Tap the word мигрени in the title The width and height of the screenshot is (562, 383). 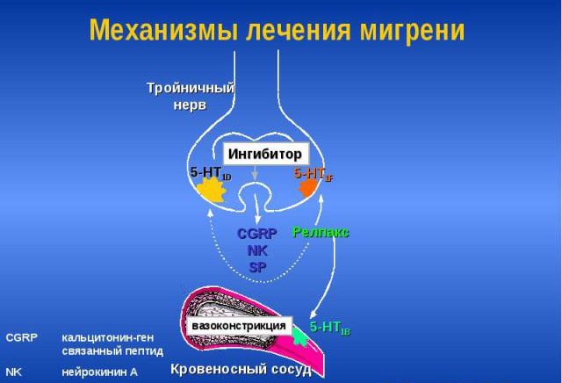411,30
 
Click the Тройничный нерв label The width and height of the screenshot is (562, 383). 190,96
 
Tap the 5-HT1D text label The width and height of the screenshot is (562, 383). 210,173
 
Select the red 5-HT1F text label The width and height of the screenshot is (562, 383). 313,174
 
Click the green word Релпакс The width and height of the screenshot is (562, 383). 321,232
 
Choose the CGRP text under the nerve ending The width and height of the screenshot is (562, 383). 257,234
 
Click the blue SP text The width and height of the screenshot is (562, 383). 257,265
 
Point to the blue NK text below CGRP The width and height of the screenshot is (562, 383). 257,249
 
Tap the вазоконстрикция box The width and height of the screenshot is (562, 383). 239,325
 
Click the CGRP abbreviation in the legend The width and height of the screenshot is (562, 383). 20,337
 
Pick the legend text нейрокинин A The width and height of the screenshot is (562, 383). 99,372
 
